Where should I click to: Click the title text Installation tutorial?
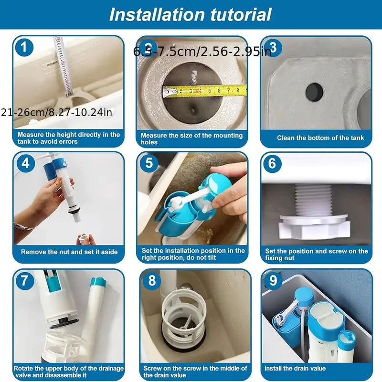click(x=190, y=15)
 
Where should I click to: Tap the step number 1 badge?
click(x=24, y=47)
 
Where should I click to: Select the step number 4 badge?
click(x=26, y=163)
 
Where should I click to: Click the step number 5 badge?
click(x=149, y=163)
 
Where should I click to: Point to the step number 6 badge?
click(x=272, y=164)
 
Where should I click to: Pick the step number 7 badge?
click(x=25, y=281)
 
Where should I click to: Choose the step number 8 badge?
click(x=152, y=281)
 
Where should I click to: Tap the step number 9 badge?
click(x=273, y=281)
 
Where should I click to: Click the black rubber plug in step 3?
click(x=314, y=92)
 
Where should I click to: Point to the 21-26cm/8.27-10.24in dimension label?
click(x=56, y=113)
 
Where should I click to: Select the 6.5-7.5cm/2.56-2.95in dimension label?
click(x=202, y=52)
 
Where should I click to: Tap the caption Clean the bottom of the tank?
click(x=320, y=138)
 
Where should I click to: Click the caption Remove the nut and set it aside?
click(x=69, y=252)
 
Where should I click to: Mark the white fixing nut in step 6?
click(x=315, y=226)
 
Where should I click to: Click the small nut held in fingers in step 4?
click(x=85, y=239)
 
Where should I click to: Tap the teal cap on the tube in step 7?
click(x=98, y=282)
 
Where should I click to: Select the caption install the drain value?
click(x=295, y=368)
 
